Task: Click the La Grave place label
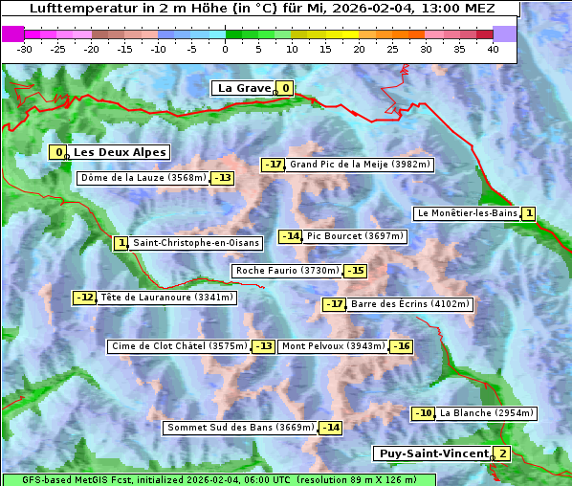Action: [x=244, y=88]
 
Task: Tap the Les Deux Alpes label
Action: [x=120, y=152]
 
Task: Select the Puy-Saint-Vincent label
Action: [x=432, y=453]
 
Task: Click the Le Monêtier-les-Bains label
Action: [x=467, y=213]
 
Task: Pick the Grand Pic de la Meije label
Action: [x=361, y=165]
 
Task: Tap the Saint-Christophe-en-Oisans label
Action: [x=195, y=243]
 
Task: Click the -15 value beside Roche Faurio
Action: [x=355, y=271]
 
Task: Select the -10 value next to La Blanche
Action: [x=423, y=413]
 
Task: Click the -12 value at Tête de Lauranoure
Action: [x=85, y=298]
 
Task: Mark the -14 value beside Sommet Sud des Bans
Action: [x=330, y=427]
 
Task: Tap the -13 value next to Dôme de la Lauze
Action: [x=223, y=178]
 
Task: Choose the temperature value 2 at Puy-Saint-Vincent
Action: [x=502, y=453]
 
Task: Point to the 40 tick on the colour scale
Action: [x=493, y=49]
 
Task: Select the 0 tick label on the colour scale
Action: [x=225, y=49]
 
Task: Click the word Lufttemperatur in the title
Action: [x=77, y=9]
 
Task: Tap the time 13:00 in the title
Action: [x=436, y=9]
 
